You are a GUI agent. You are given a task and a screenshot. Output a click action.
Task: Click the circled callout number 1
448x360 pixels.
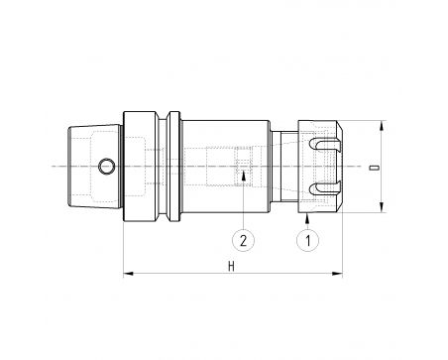click(307, 240)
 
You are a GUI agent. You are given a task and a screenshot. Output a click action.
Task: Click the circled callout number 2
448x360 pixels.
click(243, 240)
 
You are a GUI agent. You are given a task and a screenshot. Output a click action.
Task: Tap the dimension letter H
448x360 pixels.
click(231, 266)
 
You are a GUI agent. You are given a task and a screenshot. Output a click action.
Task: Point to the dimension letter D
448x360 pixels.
click(374, 168)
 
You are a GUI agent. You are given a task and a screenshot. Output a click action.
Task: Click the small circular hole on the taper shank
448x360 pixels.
click(107, 166)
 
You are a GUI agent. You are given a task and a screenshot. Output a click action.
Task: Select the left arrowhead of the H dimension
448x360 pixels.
click(128, 274)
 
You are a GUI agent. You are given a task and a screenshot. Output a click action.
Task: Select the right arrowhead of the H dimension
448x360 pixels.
click(337, 274)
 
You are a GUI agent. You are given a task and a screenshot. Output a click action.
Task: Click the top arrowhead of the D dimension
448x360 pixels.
click(382, 126)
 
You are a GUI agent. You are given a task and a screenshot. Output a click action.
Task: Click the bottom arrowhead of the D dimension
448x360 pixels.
click(382, 207)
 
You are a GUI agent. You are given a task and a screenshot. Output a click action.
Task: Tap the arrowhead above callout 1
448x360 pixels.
click(307, 218)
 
